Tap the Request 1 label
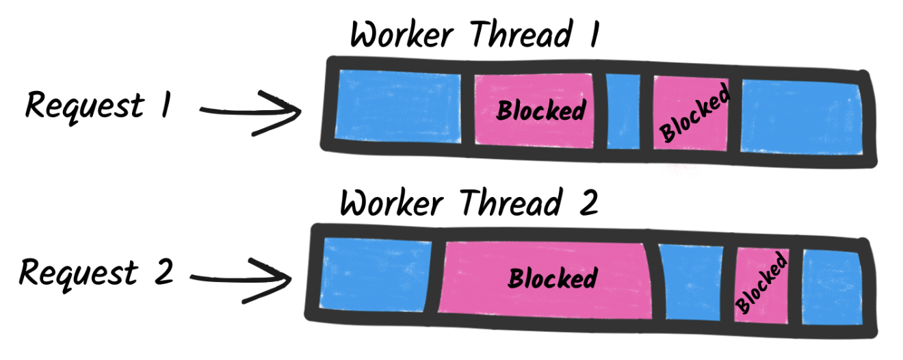pos(97,106)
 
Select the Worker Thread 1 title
pos(475,34)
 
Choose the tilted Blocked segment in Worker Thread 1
pos(692,113)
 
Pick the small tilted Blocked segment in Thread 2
pos(761,283)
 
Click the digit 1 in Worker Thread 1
pos(590,34)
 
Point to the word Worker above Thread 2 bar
pos(393,203)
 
